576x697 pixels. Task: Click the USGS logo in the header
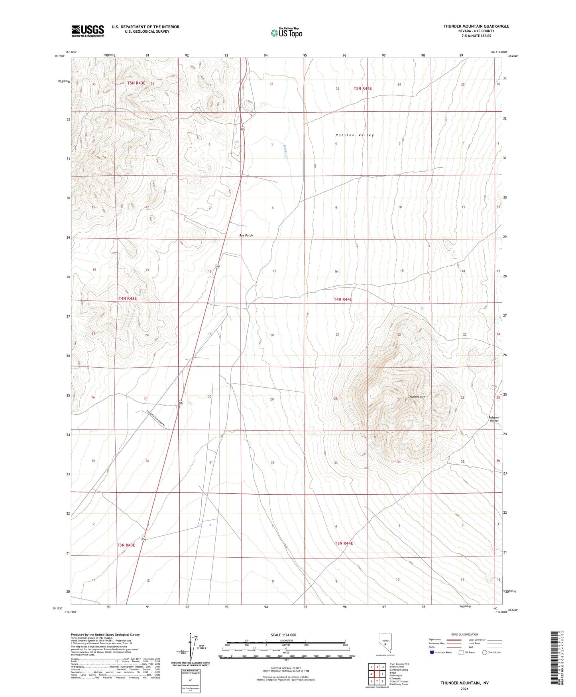[x=88, y=31]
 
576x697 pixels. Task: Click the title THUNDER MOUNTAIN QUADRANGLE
[x=476, y=26]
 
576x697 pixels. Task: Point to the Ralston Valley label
[x=355, y=135]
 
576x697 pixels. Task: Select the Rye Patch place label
[x=246, y=236]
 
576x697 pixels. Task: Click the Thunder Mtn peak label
[x=417, y=397]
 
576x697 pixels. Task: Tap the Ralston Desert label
[x=494, y=419]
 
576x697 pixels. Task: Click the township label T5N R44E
[x=362, y=88]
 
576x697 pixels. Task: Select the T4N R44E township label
[x=343, y=299]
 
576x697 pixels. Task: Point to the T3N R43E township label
[x=126, y=545]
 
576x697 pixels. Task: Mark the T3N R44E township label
[x=344, y=543]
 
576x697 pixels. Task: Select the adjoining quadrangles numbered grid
[x=377, y=675]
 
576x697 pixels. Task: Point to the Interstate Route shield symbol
[x=432, y=652]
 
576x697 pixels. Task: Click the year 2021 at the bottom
[x=464, y=689]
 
